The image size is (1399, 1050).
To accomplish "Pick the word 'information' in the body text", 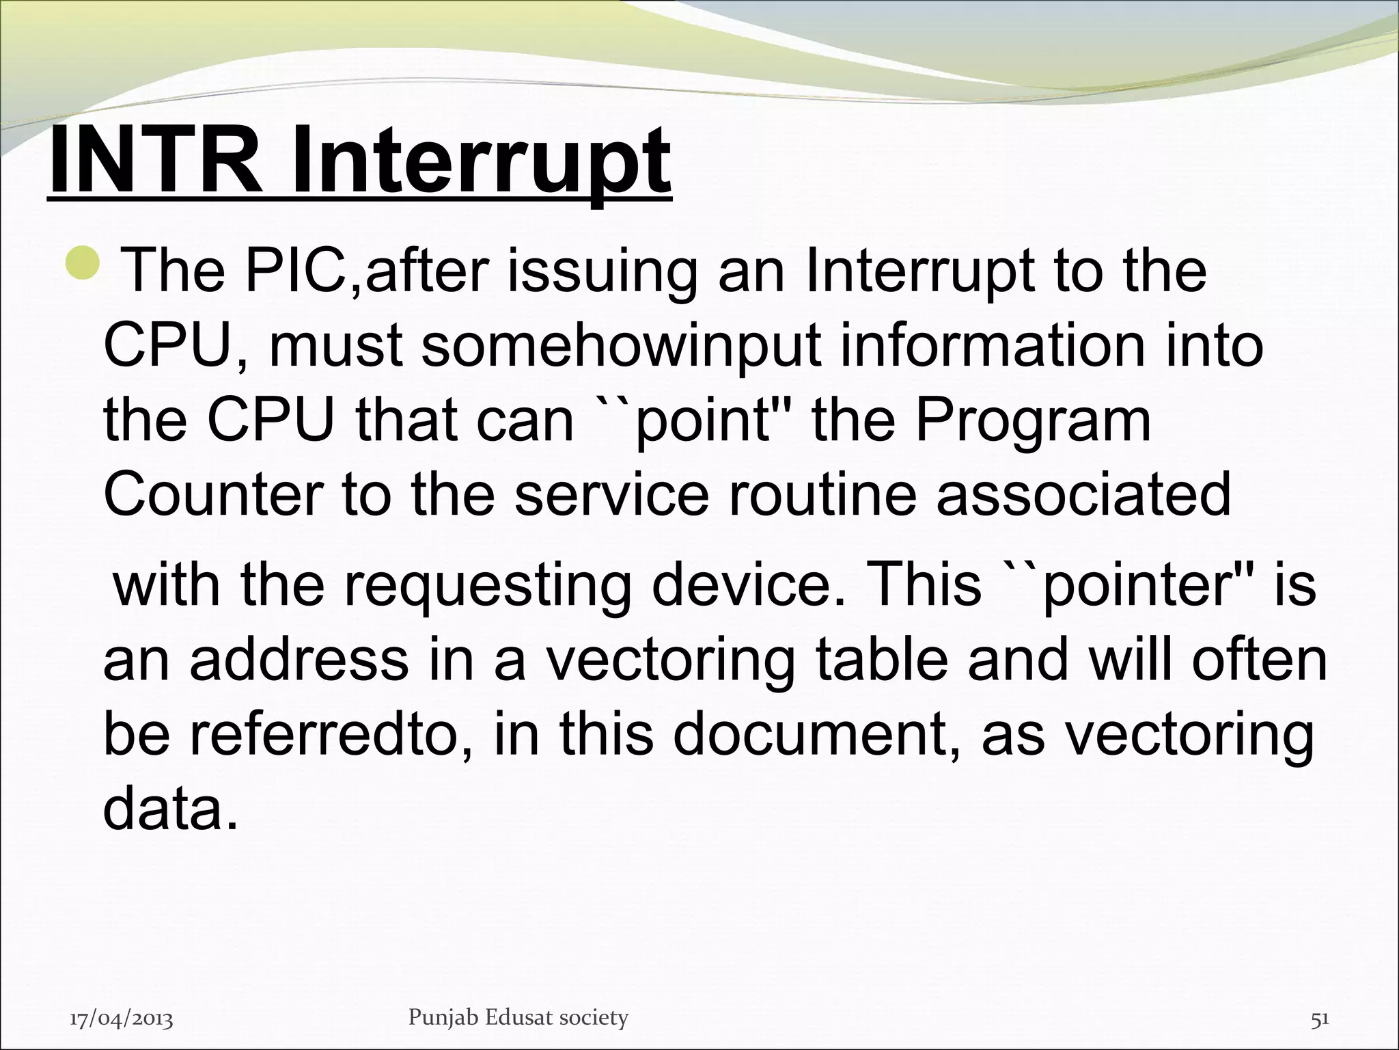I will (x=991, y=347).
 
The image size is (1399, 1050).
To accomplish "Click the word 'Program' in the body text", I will (x=1032, y=421).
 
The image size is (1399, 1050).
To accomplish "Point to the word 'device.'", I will (x=747, y=587).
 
